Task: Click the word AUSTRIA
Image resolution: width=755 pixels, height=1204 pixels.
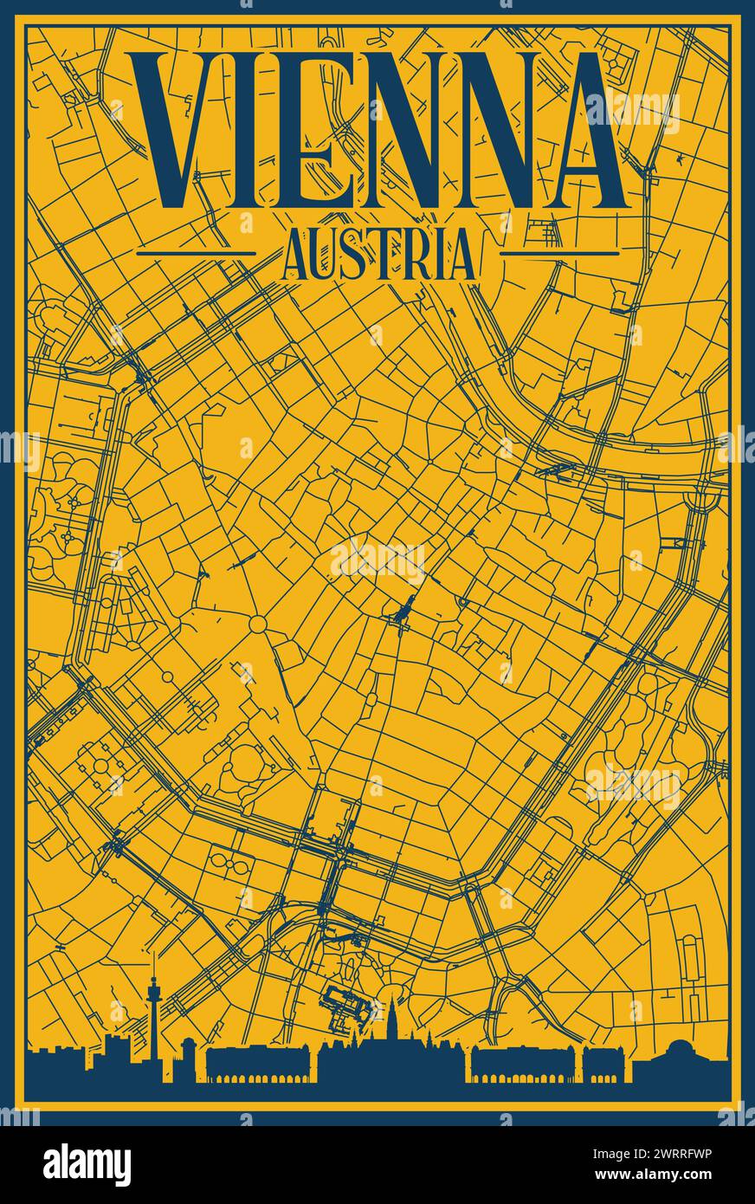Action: pos(378,254)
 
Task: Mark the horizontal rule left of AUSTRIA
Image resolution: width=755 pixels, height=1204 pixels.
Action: pos(197,254)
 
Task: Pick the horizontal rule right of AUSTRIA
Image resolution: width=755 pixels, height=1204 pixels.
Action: pos(559,254)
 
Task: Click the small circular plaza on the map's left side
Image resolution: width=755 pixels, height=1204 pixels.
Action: pos(258,624)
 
